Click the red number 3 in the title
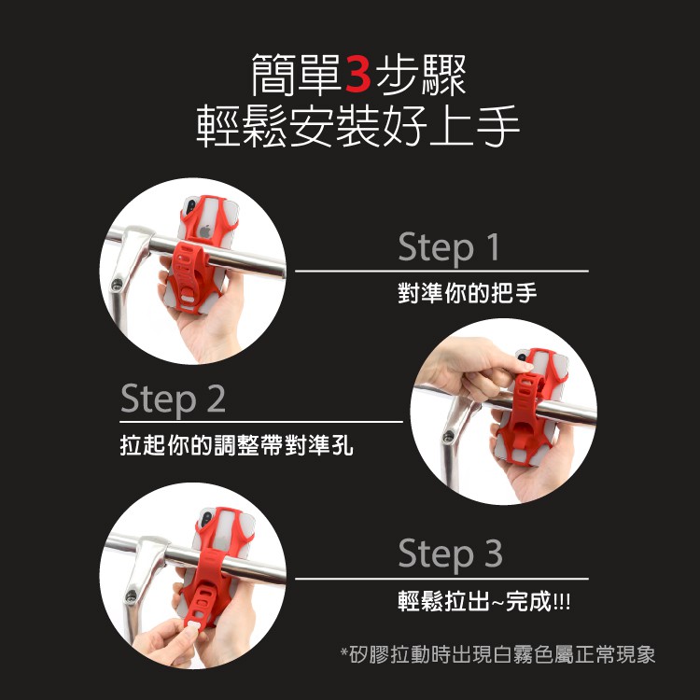point(358,74)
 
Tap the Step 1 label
point(449,247)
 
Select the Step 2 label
point(173,399)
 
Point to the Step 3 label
point(450,553)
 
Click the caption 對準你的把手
point(468,293)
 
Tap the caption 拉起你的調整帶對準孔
point(237,444)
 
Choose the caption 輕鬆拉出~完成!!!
point(483,601)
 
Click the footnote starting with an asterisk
point(497,654)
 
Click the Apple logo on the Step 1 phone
point(205,231)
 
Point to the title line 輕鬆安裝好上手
point(358,126)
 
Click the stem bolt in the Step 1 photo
point(117,284)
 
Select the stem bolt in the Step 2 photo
point(448,436)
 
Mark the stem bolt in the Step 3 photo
point(131,595)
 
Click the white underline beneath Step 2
point(261,422)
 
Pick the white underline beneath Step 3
point(442,579)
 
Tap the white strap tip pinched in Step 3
point(193,627)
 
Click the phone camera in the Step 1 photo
point(190,206)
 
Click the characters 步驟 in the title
point(421,75)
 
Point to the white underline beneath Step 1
point(442,271)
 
